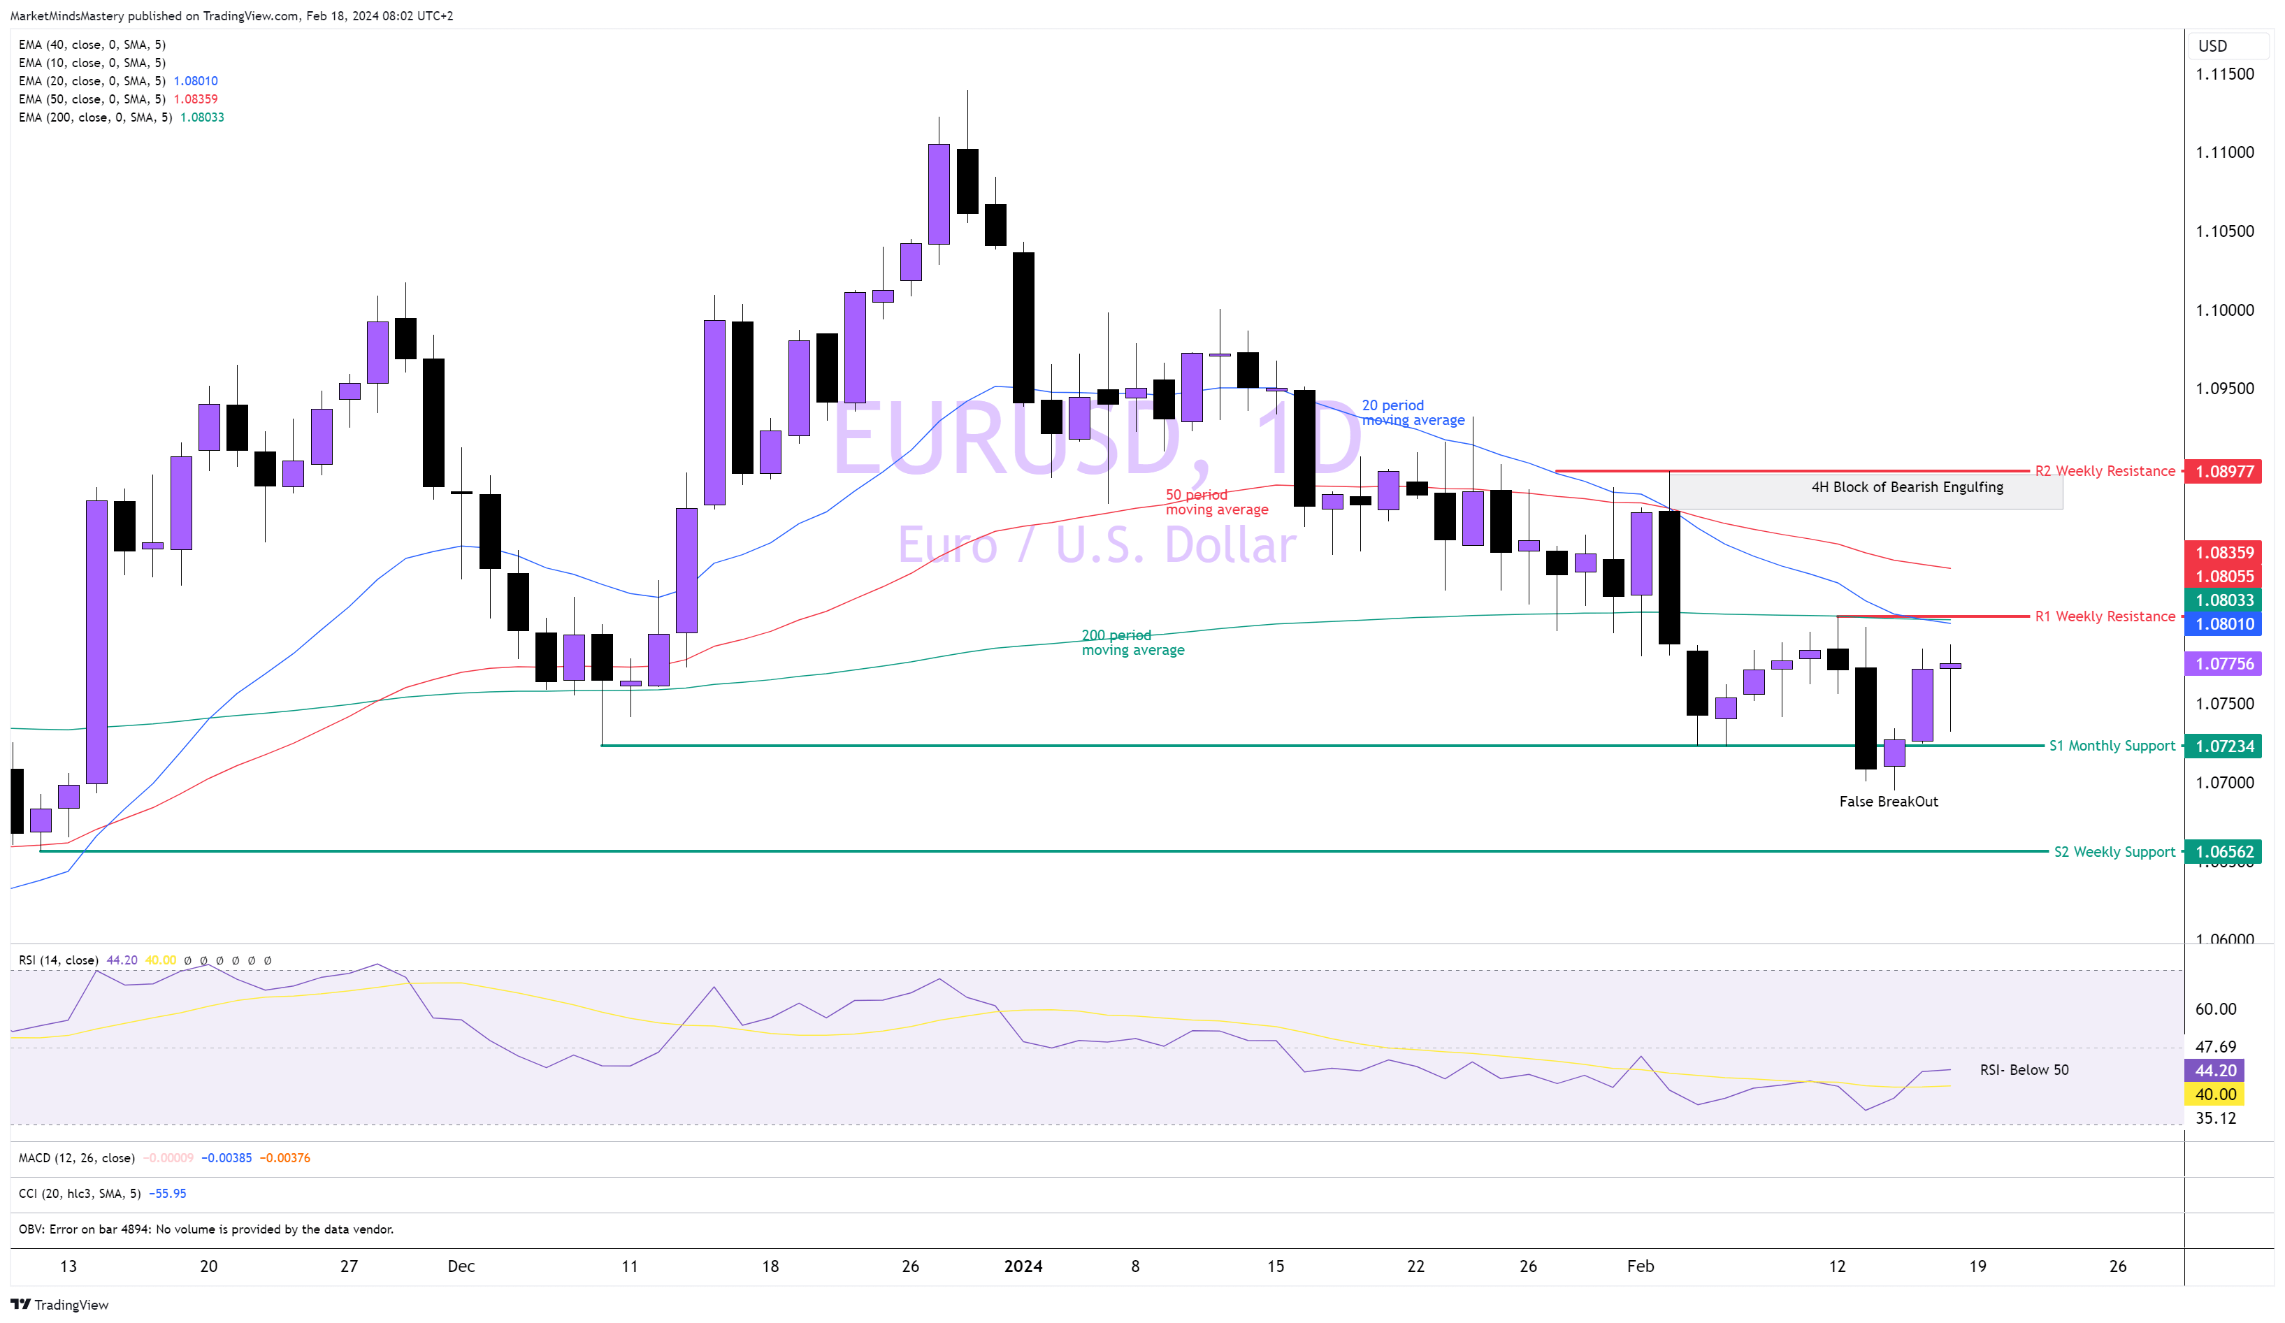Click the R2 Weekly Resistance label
tap(2104, 470)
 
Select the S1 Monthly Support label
tap(2111, 746)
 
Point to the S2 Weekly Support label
tap(2114, 851)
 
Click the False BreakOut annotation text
tap(1888, 802)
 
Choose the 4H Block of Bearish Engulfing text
tap(1907, 487)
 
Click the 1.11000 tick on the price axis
tap(2224, 152)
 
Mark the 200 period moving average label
tap(1132, 642)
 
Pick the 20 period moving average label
tap(1413, 412)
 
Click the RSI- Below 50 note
tap(2024, 1070)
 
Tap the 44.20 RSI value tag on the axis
tap(2215, 1070)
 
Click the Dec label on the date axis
tap(461, 1266)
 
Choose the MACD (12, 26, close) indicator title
tap(77, 1158)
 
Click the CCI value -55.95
tap(167, 1193)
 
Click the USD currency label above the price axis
tap(2212, 45)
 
